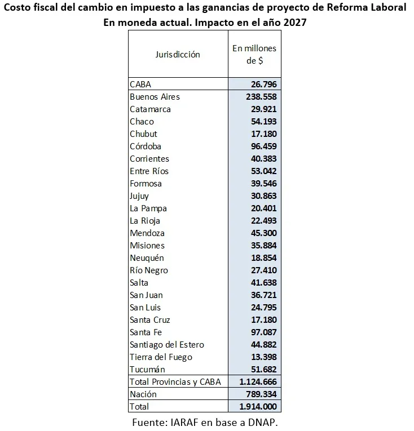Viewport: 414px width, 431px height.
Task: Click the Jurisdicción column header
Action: click(178, 55)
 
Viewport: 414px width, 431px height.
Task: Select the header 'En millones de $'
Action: click(254, 55)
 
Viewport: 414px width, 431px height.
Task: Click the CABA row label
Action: click(140, 85)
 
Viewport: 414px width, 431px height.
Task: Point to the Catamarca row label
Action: click(150, 109)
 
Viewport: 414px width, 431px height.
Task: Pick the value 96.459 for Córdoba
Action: click(263, 146)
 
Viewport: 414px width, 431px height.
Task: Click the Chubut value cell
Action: click(263, 134)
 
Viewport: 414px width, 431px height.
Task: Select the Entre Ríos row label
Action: click(149, 171)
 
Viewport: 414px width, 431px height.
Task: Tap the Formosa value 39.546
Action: click(263, 184)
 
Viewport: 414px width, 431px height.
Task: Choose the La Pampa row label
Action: click(148, 208)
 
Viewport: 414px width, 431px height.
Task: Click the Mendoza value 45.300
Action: click(263, 233)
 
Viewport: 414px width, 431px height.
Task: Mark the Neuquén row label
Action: click(147, 258)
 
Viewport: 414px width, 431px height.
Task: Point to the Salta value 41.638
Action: click(263, 283)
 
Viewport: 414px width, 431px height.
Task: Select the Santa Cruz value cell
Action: click(263, 320)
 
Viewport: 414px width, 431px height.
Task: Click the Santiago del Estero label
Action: click(167, 345)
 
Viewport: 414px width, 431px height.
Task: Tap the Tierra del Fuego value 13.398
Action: click(263, 357)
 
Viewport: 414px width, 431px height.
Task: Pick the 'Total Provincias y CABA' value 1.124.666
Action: click(258, 382)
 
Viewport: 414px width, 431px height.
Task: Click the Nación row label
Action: click(143, 394)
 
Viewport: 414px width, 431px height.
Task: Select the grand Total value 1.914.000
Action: click(258, 406)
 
